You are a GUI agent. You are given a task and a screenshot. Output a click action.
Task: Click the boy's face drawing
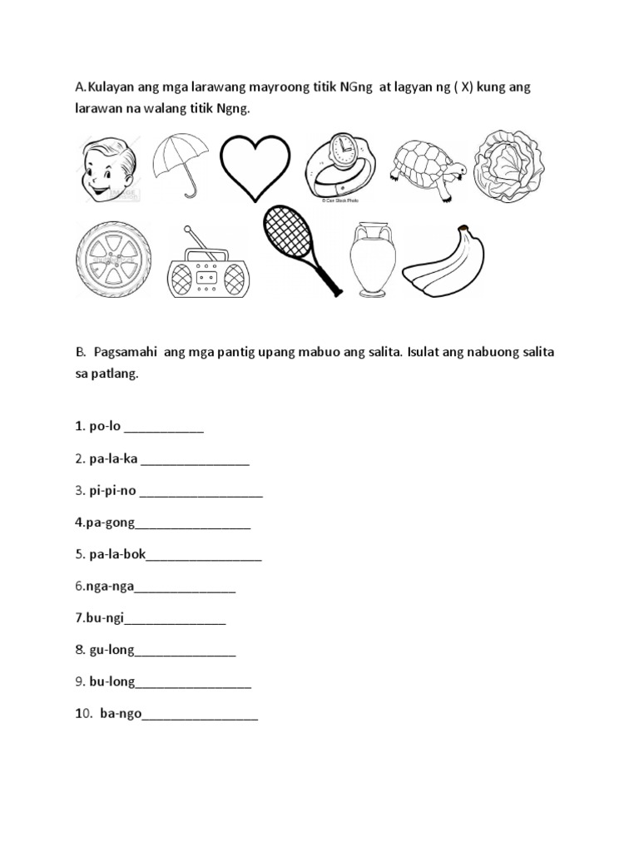[x=107, y=169]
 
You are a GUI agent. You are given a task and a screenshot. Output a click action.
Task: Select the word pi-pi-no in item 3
[x=112, y=491]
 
